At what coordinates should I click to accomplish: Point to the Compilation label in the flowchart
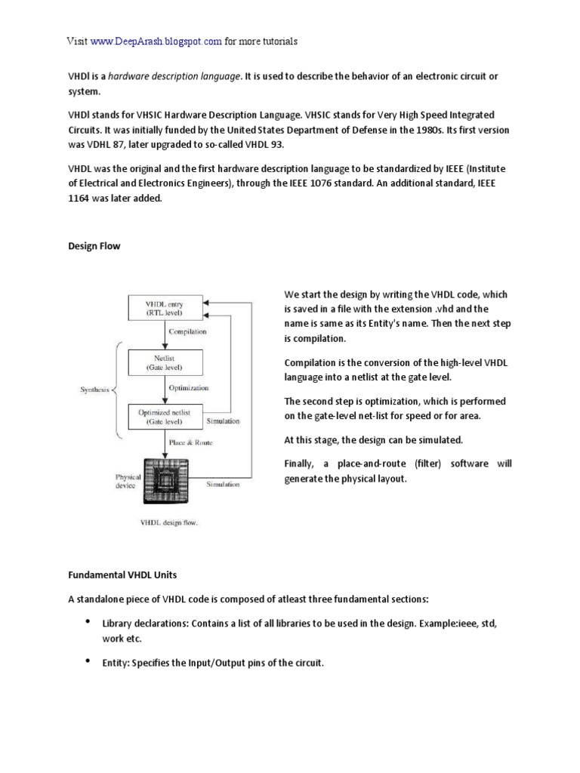point(188,331)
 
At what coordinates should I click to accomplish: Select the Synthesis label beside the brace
point(95,390)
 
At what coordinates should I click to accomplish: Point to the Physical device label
point(128,482)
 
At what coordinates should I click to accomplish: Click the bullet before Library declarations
point(87,621)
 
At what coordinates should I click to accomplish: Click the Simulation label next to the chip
point(224,484)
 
